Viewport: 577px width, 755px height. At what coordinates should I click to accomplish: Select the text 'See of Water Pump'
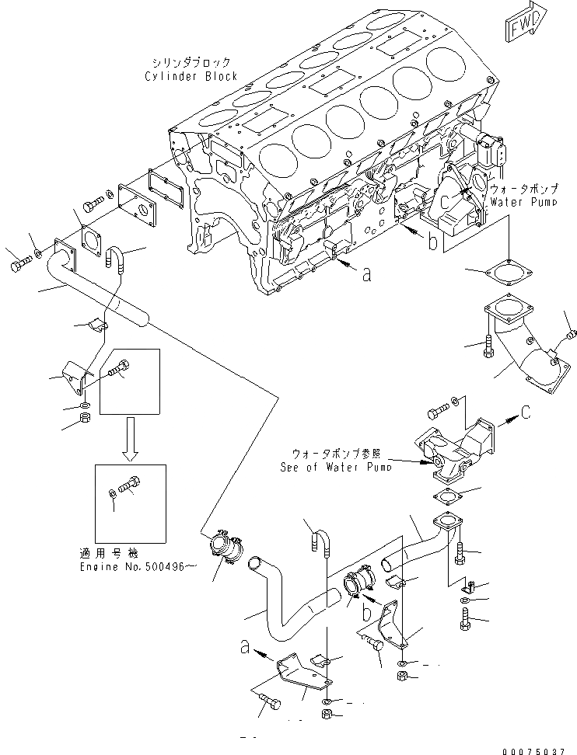[335, 467]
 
